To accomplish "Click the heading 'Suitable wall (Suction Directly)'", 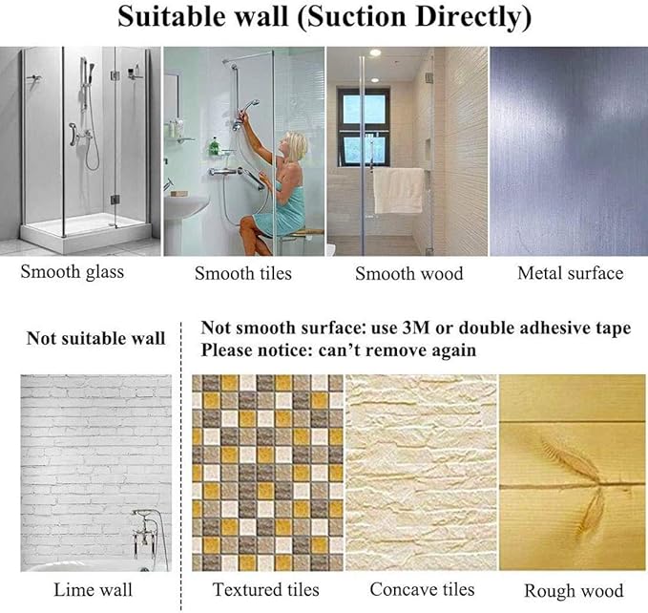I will (324, 17).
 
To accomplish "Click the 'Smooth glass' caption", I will (73, 272).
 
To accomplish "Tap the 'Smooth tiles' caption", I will (242, 274).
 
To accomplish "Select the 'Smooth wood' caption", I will (408, 274).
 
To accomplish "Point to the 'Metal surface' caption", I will (570, 274).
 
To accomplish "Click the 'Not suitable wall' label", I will (95, 338).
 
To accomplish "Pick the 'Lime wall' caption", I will (93, 589).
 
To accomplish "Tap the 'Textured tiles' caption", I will (266, 589).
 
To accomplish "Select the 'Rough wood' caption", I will (574, 590).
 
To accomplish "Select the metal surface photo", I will (569, 151).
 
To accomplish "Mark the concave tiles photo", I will (420, 474).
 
